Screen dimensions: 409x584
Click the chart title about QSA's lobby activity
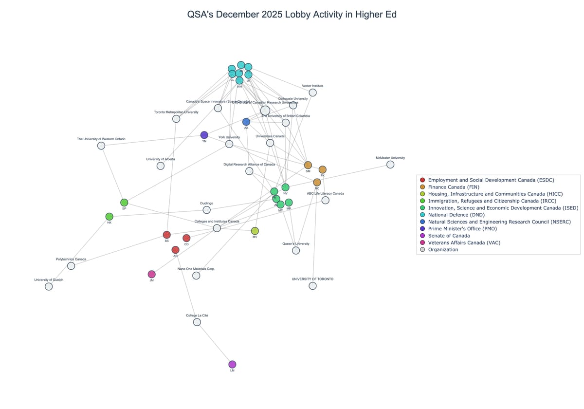tap(292, 15)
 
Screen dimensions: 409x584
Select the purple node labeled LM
tap(232, 364)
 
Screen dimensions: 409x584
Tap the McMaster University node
tap(390, 165)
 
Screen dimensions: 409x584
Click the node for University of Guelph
tap(49, 286)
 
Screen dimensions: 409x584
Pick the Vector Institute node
tap(312, 93)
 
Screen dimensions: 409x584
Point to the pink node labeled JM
tap(152, 274)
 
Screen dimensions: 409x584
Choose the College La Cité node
tap(197, 322)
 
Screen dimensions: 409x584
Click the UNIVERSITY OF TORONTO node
tap(312, 286)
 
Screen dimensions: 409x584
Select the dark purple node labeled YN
tap(204, 135)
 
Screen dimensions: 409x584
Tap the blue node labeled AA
tap(246, 122)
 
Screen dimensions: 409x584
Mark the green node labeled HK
tap(109, 217)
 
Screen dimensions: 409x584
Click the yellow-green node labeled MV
tap(255, 231)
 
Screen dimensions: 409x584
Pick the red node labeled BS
tap(166, 235)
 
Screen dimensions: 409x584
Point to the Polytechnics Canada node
tap(71, 266)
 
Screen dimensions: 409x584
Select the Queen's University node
tap(296, 250)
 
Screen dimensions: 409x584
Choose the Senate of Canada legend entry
tap(449, 236)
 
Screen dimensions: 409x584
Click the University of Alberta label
tap(160, 159)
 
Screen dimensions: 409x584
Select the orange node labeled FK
tap(322, 169)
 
